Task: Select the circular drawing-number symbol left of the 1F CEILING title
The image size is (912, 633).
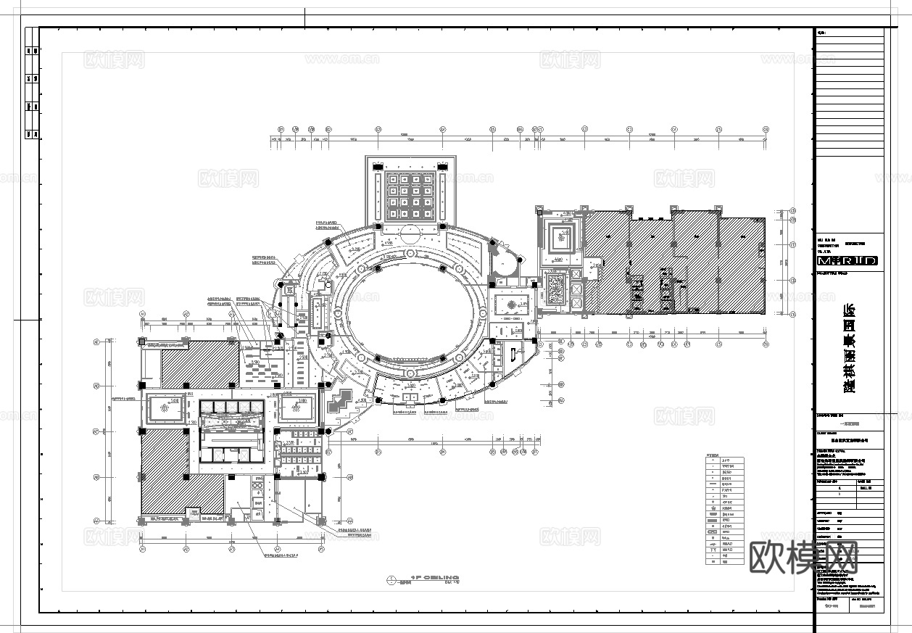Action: tap(391, 579)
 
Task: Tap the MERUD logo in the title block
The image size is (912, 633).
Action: tap(847, 260)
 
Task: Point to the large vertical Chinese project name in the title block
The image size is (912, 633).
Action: tap(847, 348)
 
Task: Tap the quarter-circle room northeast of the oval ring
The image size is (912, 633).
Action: tap(505, 262)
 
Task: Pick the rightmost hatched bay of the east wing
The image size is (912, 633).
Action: tap(742, 265)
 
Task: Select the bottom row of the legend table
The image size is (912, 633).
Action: tap(724, 560)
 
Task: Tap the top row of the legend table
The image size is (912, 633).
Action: tap(724, 459)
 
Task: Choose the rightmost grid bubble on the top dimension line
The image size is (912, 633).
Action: tap(766, 129)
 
